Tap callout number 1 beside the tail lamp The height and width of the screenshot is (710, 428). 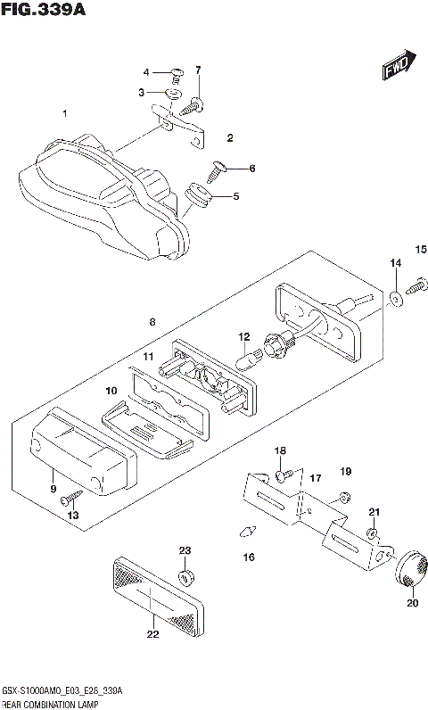coord(64,113)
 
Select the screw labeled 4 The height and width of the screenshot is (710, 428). coord(177,72)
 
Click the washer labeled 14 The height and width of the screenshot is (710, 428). coord(395,297)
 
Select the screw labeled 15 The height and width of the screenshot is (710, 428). coord(416,287)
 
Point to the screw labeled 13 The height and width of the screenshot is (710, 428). coord(73,499)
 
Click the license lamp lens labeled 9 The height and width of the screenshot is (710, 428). coord(80,450)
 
